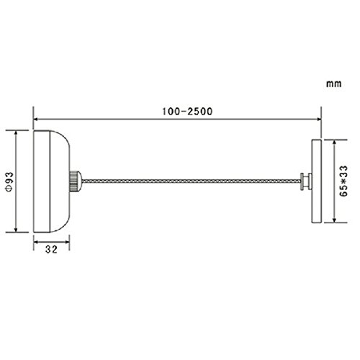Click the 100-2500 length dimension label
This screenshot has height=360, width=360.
pyautogui.click(x=187, y=112)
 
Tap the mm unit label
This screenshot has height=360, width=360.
pyautogui.click(x=333, y=84)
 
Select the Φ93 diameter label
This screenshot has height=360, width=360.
pyautogui.click(x=9, y=182)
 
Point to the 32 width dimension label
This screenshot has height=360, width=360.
pyautogui.click(x=51, y=250)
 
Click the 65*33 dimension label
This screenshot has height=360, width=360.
pyautogui.click(x=343, y=181)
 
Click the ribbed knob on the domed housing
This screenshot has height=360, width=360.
pyautogui.click(x=76, y=181)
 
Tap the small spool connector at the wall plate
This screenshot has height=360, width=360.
pyautogui.click(x=306, y=181)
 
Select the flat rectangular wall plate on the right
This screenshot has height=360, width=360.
pyautogui.click(x=316, y=181)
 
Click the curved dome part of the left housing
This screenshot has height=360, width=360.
pyautogui.click(x=60, y=181)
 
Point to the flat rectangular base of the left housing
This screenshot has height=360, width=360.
pyautogui.click(x=42, y=181)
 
